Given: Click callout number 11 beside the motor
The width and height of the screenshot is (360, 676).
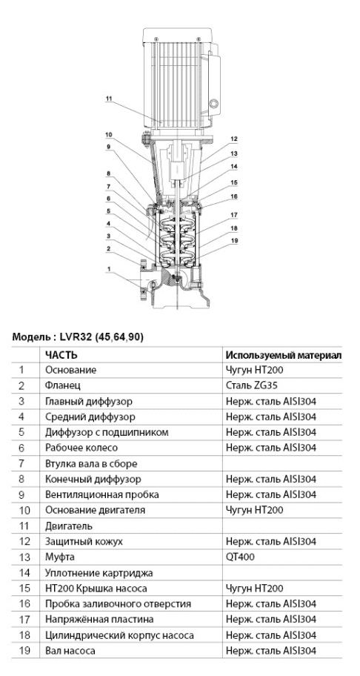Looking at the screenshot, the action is pos(108,99).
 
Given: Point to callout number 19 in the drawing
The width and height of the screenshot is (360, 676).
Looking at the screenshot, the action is pos(234,241).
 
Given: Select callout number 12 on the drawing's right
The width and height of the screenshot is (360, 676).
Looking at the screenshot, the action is pos(234,139).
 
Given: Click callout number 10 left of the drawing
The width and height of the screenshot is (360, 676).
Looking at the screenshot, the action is pos(108,135).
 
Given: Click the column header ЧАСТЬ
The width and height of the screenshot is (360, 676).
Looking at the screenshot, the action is pos(61,355).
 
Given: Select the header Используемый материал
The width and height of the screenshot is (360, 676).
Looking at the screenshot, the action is pos(284,355).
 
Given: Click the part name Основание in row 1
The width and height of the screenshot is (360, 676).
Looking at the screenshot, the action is pos(71,371).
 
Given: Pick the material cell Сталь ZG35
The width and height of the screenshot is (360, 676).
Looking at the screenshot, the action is pos(247,385).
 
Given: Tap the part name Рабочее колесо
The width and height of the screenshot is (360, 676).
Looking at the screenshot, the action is pos(81,448).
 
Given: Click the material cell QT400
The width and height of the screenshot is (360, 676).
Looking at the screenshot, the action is pos(240,557).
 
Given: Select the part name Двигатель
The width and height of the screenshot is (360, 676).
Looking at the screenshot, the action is pos(69,526).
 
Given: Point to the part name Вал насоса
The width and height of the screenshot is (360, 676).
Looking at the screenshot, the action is pos(70,651).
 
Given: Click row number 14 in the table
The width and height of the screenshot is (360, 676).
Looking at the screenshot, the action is pos(25,573).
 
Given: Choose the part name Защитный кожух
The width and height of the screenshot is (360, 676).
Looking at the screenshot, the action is pos(84,542).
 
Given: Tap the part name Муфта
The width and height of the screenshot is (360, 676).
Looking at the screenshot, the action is pos(60,557).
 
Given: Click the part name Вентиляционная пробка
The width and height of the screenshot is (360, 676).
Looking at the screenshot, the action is pos(102,494).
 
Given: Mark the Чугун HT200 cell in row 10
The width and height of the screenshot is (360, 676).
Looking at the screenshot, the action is pos(255,511).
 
